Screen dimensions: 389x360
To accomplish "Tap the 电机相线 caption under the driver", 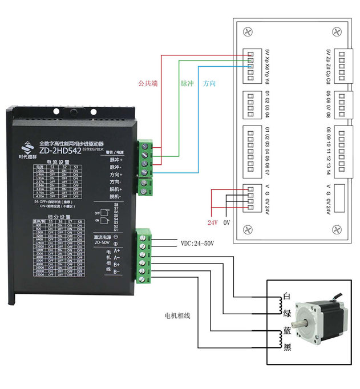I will click(x=177, y=315).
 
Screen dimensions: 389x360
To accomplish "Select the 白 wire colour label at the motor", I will click(x=288, y=297).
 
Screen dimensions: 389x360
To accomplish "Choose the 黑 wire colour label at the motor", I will click(x=288, y=347).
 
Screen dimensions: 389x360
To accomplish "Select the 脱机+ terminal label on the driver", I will click(x=116, y=189).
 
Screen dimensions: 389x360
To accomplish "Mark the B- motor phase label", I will click(x=117, y=271).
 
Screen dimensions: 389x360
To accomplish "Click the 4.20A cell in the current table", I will click(x=40, y=196).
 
